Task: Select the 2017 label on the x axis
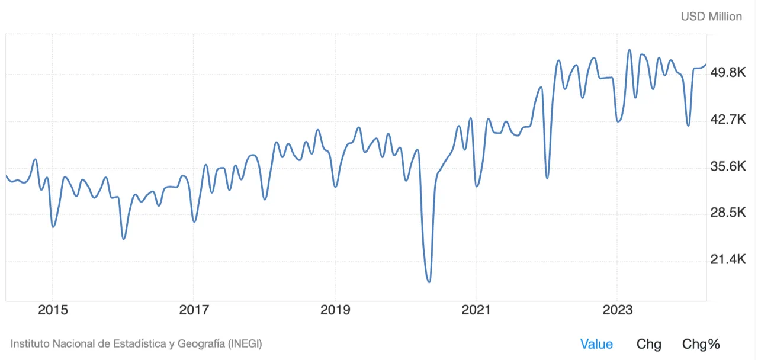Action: (194, 310)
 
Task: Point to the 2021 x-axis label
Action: (476, 310)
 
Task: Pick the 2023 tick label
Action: (618, 310)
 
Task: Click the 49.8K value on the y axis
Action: (728, 73)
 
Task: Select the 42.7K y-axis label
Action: (728, 120)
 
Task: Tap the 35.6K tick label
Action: (728, 167)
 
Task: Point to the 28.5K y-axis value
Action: (728, 213)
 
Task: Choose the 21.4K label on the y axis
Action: (728, 260)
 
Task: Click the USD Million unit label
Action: (711, 17)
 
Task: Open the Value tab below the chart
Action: (596, 344)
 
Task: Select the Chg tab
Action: (649, 344)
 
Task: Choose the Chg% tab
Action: (701, 344)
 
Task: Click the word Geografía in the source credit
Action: (191, 343)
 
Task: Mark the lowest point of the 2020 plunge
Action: (429, 282)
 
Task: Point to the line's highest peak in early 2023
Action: (629, 50)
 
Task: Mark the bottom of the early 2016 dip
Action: (123, 239)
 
